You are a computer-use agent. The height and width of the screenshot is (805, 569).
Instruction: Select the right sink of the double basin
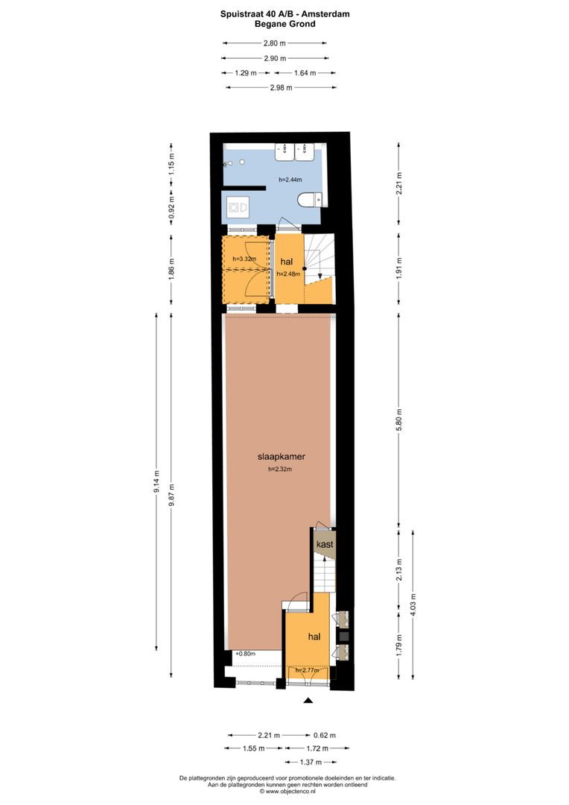point(305,152)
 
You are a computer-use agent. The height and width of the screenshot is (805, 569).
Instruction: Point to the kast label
point(325,545)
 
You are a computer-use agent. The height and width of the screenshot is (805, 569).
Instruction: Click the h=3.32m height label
point(244,259)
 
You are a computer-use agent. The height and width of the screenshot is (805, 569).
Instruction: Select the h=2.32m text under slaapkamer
point(280,470)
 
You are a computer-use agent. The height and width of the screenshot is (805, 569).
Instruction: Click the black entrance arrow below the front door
point(308,701)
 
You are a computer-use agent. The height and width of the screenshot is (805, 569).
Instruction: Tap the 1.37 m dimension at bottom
point(311,762)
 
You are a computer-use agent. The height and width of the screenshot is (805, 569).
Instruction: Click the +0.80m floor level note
point(245,654)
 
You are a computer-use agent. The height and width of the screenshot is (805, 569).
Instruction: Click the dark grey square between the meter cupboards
point(343,637)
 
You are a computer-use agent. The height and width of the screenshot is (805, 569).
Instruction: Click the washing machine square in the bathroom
point(238,206)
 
